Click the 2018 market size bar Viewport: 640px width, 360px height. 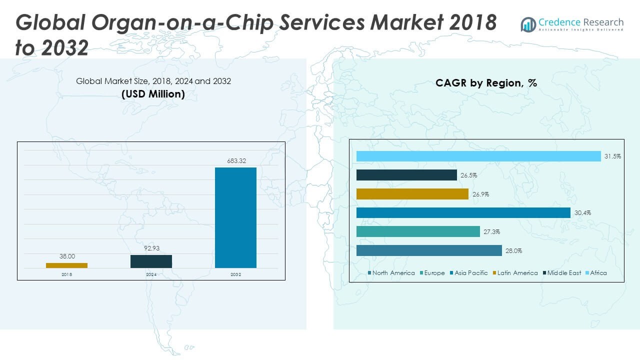tap(66, 265)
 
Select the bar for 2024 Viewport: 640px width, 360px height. tap(151, 261)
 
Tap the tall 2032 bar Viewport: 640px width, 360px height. tap(235, 217)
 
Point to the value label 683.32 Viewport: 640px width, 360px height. tap(235, 161)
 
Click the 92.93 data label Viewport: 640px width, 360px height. tap(151, 248)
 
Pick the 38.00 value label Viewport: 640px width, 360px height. tap(67, 256)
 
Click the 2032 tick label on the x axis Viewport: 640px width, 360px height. tap(235, 274)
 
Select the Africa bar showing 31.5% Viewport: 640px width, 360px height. tap(478, 156)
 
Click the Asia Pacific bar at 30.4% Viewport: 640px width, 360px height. tap(463, 213)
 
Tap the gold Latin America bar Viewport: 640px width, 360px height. tap(412, 194)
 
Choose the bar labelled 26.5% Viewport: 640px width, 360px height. tap(406, 175)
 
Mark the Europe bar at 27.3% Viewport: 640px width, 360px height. tap(418, 231)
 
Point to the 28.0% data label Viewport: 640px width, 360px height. tap(513, 251)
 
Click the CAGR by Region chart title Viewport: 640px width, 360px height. tap(486, 83)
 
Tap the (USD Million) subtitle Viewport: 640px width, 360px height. tap(153, 94)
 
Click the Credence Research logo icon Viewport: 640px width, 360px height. tap(528, 24)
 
